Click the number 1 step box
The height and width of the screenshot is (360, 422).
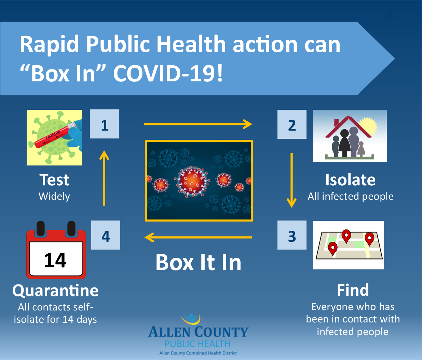104,124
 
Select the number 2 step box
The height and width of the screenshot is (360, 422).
292,124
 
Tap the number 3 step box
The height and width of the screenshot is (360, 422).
292,235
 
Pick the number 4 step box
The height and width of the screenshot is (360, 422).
106,235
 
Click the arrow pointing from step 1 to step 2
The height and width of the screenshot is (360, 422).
198,124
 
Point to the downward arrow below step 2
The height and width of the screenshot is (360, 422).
291,180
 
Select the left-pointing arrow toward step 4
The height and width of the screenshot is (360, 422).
198,237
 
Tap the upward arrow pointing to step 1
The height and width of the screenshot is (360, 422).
104,178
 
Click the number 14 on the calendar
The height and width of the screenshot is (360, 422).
55,260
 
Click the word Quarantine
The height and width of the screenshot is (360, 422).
55,291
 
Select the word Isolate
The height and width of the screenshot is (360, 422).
350,180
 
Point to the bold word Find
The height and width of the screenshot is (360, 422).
353,290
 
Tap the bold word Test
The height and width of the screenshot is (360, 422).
54,180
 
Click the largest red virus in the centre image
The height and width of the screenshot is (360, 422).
192,182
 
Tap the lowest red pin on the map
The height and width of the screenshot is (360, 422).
333,249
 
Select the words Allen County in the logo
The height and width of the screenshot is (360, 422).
198,332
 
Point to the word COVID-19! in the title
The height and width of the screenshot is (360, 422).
168,74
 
